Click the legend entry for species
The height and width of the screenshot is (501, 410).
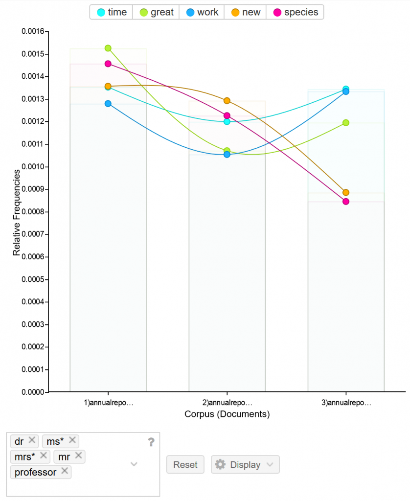(295, 12)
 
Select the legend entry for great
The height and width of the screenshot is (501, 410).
(156, 12)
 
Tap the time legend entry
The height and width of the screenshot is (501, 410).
(112, 12)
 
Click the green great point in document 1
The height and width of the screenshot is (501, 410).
(108, 48)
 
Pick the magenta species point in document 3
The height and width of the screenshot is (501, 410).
(346, 202)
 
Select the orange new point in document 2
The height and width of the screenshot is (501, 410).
(227, 101)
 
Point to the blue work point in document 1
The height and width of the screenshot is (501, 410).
(108, 104)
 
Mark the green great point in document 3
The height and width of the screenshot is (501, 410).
(346, 123)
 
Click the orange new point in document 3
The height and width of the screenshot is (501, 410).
(346, 193)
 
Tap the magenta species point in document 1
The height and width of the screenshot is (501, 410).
(108, 64)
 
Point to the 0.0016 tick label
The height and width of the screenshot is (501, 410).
(33, 31)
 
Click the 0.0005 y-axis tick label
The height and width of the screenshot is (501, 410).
(33, 279)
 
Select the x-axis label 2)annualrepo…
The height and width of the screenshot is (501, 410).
(227, 403)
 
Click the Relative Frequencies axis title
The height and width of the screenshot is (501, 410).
(17, 212)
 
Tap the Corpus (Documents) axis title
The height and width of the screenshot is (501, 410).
(227, 414)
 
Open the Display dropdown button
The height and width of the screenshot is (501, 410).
(245, 465)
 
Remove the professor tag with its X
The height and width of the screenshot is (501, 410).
(65, 471)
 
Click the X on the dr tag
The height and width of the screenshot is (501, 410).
(32, 440)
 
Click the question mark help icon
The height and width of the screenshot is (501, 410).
(151, 442)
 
